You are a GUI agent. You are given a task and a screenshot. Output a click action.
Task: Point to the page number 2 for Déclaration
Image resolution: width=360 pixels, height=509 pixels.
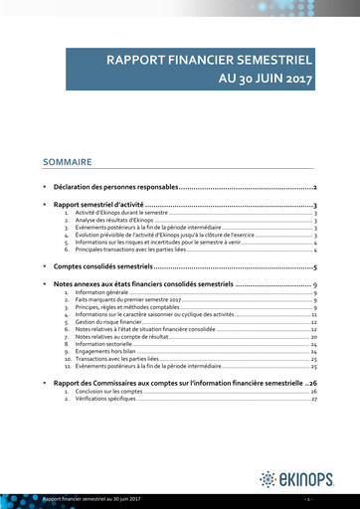click(314, 187)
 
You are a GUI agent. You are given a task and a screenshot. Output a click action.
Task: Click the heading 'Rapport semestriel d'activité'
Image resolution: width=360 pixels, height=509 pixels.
click(98, 205)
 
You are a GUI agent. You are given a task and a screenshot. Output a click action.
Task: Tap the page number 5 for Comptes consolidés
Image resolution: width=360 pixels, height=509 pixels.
click(314, 267)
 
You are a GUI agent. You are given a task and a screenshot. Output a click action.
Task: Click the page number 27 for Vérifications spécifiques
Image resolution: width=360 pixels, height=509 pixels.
click(313, 399)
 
